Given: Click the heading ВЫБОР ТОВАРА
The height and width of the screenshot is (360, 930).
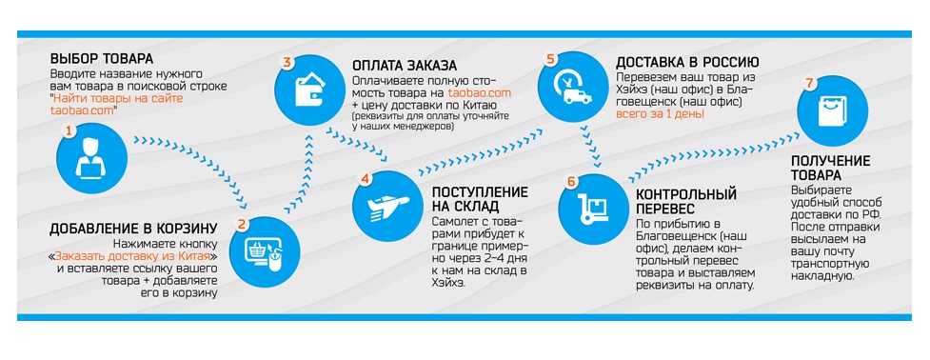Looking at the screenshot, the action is coord(102,59).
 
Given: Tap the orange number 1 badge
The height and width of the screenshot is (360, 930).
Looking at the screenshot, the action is coord(69,130).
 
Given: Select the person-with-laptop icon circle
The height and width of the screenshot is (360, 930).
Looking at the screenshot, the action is coord(91,158).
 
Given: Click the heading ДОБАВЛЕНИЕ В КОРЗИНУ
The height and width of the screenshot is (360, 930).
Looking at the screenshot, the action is coord(133,230).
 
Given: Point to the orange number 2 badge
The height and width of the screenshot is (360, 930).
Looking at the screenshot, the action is coord(241,224).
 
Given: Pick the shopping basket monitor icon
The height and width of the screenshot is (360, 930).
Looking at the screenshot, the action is coord(264,255).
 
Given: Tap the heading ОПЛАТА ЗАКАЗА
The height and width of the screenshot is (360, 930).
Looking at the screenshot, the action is coord(405,65).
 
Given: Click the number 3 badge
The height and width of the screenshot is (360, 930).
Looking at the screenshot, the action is coord(287,63).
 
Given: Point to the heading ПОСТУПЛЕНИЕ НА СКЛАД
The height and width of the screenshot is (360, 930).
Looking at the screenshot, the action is coord(480,200).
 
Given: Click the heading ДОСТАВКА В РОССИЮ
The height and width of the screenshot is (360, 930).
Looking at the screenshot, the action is coord(687,62).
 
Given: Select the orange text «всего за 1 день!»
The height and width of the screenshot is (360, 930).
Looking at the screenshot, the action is coord(660,114).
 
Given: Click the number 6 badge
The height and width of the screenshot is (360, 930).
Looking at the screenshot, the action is coord(570,182).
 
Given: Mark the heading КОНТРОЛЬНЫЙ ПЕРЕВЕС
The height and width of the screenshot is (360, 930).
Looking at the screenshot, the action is coord(686,202).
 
